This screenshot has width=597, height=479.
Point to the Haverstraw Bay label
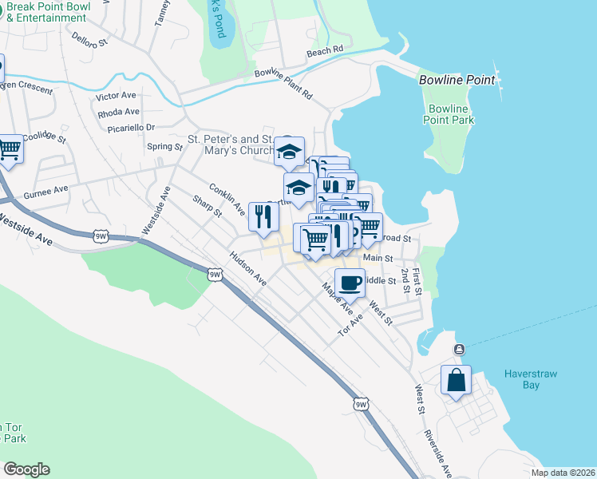coord(533,379)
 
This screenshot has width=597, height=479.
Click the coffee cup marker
coord(349,283)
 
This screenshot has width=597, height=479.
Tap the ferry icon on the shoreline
coord(459,350)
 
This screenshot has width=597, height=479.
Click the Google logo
coord(26,469)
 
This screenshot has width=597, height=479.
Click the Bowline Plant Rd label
coord(283,83)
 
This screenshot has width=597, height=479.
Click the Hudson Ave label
coord(247,269)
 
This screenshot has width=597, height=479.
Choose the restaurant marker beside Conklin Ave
coord(263,216)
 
